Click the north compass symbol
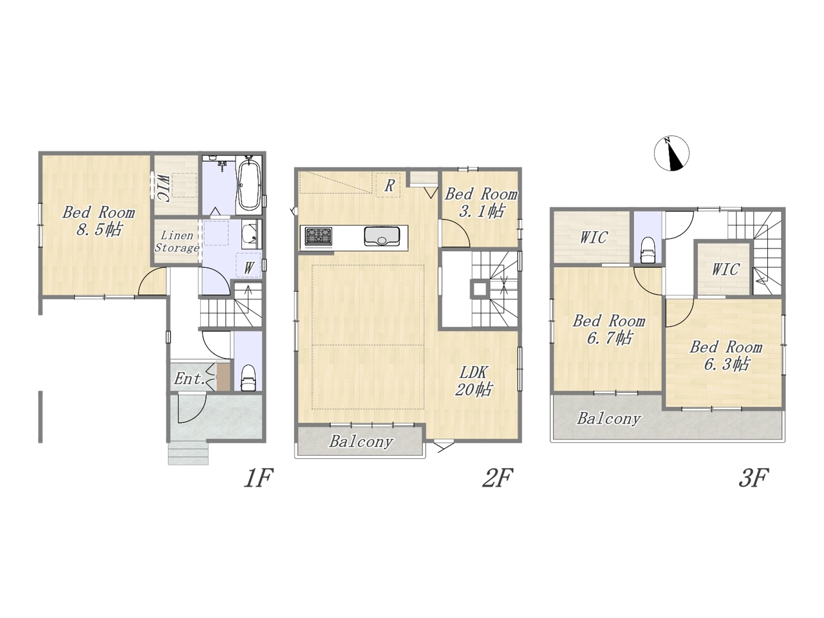[x=671, y=153]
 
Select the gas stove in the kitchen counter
[x=319, y=236]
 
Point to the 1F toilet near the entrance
[x=248, y=378]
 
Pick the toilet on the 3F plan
[x=648, y=250]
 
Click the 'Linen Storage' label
[x=176, y=241]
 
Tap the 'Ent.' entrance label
[x=189, y=379]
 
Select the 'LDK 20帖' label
[x=473, y=381]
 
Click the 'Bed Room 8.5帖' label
[x=98, y=221]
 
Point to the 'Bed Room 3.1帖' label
[x=481, y=203]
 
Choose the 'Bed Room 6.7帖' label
[x=608, y=330]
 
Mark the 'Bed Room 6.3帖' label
[x=726, y=355]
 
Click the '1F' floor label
[x=258, y=478]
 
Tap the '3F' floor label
[x=753, y=478]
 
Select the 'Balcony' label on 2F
[x=361, y=441]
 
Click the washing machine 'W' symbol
[x=248, y=268]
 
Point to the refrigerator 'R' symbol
[x=389, y=185]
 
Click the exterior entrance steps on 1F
[x=188, y=453]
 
